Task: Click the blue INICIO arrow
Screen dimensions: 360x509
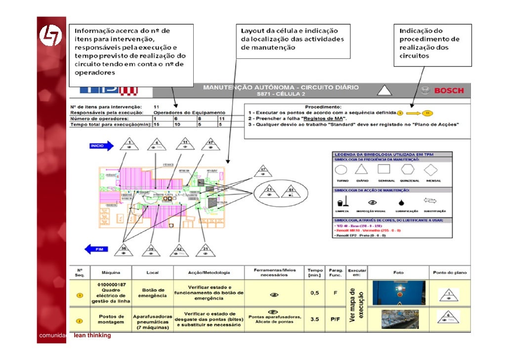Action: click(101, 146)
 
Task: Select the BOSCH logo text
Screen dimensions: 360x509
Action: click(449, 90)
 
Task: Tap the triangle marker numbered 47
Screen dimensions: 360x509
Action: click(211, 145)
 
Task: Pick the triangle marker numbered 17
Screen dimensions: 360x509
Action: click(263, 172)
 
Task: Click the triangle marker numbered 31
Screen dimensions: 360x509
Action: click(205, 250)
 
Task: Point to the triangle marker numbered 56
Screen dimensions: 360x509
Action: click(124, 250)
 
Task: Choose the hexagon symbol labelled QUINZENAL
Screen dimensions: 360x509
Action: click(409, 170)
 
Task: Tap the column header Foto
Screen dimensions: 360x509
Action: click(398, 272)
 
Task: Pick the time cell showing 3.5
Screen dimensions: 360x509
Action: click(315, 319)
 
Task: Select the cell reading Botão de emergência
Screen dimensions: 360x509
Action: click(152, 293)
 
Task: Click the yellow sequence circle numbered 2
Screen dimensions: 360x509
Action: click(78, 320)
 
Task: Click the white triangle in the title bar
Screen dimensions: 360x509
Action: click(384, 90)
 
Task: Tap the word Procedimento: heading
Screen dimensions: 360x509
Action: click(323, 106)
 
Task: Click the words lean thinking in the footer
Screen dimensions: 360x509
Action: click(92, 336)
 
